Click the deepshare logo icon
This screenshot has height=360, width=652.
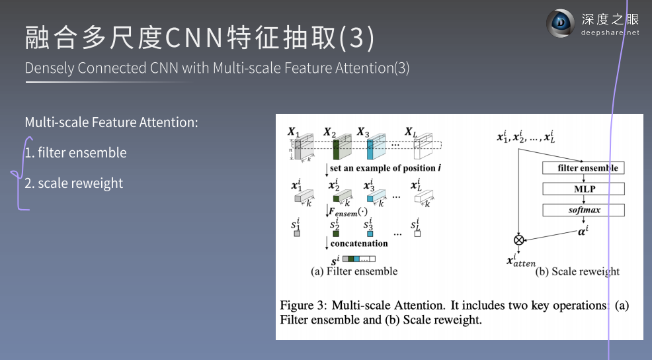(560, 24)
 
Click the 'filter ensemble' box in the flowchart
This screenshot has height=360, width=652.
(583, 168)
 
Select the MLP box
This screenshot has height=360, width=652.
(583, 189)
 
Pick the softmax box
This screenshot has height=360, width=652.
(583, 210)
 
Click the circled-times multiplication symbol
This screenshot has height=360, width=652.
(518, 240)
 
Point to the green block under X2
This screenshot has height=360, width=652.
(335, 149)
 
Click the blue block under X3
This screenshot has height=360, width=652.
(370, 149)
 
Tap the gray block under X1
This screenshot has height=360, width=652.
(298, 150)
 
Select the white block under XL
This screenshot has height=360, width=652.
(417, 149)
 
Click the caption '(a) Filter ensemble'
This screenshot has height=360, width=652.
(354, 271)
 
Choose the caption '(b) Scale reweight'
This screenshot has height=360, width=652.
(577, 271)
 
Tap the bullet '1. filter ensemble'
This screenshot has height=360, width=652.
(75, 153)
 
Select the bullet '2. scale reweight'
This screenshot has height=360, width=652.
(73, 183)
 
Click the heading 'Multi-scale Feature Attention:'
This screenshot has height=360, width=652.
(111, 122)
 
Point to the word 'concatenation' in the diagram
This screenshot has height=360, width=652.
(359, 244)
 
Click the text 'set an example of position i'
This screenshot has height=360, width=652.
(386, 168)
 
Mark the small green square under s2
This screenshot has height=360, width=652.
(335, 234)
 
